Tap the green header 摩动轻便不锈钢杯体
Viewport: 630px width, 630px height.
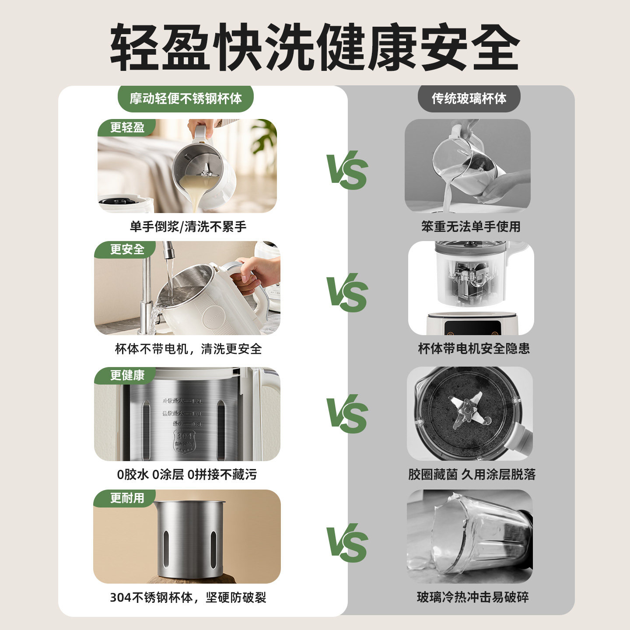(x=185, y=98)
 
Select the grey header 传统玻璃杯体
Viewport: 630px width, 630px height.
(x=469, y=98)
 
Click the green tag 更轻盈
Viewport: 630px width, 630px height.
(x=127, y=127)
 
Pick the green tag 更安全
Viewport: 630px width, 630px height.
(x=127, y=249)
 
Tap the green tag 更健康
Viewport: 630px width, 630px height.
(x=127, y=375)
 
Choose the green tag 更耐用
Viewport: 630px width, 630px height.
(x=127, y=498)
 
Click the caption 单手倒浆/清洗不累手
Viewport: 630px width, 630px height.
(x=188, y=227)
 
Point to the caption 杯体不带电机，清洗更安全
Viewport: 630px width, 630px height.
(x=188, y=349)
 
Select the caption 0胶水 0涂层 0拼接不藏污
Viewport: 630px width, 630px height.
(x=187, y=474)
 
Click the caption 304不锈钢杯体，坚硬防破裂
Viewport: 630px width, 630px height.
(x=188, y=597)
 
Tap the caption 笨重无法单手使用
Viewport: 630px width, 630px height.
(x=471, y=227)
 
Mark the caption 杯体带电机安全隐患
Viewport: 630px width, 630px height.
(x=474, y=349)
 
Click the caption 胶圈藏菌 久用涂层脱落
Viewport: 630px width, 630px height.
(x=472, y=474)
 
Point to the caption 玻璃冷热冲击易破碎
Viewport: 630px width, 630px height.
(x=472, y=597)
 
